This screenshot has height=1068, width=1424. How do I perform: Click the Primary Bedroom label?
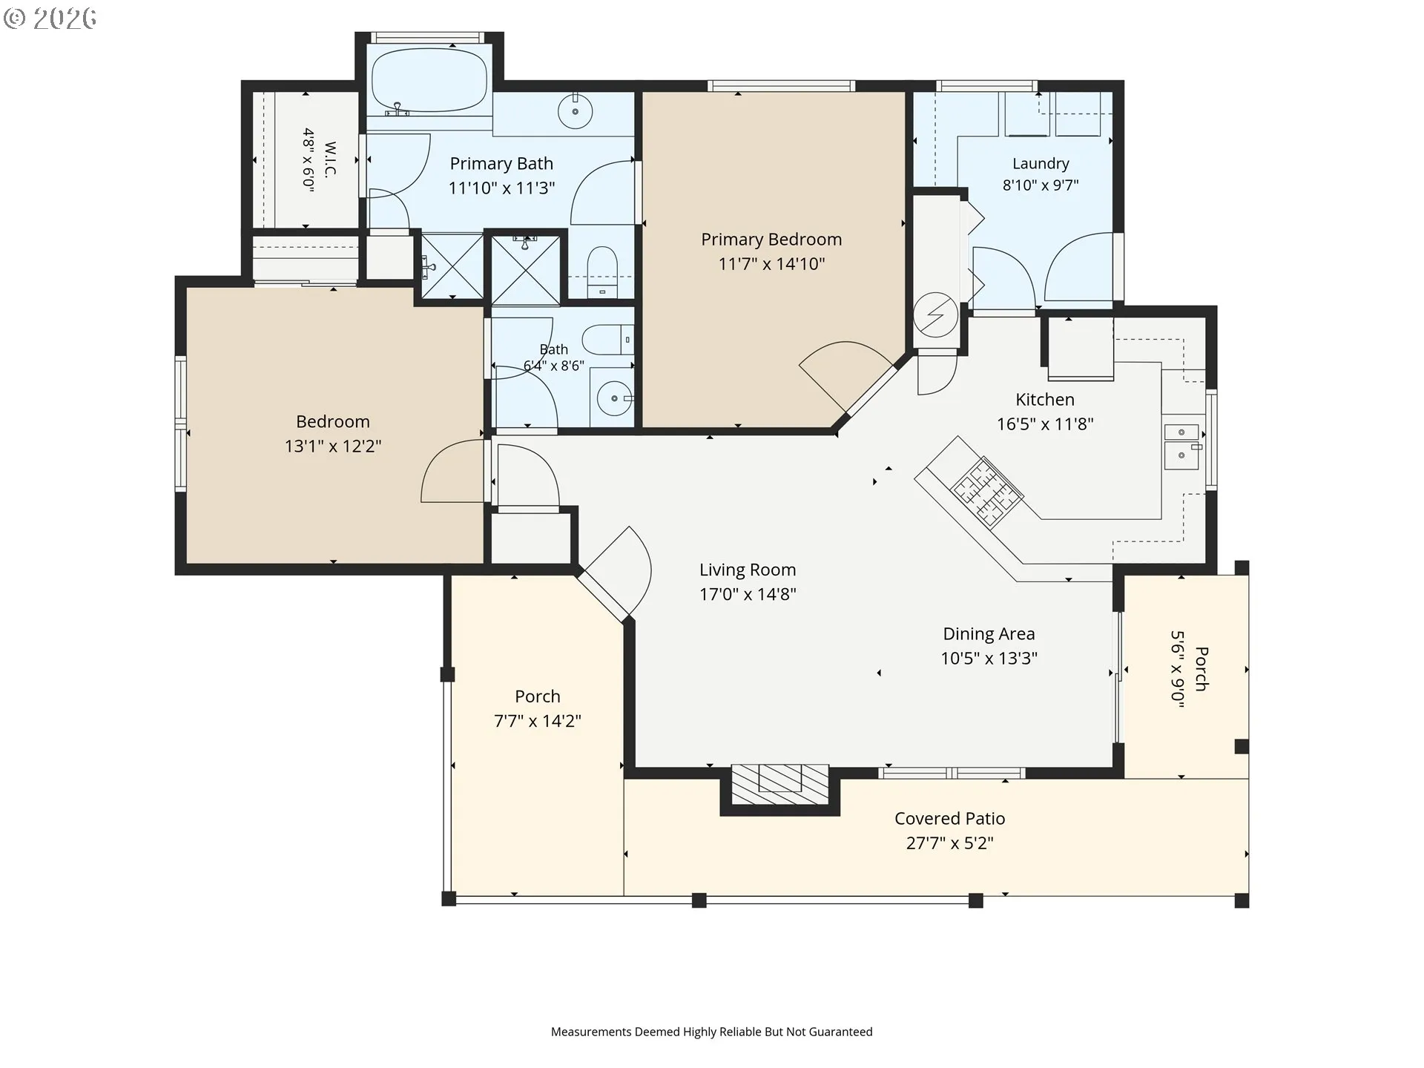coord(771,240)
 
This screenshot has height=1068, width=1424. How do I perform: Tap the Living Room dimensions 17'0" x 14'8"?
coord(748,594)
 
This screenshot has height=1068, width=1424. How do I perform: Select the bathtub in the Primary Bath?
coord(429,81)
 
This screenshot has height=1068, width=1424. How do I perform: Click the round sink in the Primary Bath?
coord(576,113)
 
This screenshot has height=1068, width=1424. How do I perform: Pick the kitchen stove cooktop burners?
coord(987,489)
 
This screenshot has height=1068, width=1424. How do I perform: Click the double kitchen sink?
coord(1181,446)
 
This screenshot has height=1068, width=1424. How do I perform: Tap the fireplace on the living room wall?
coord(780,785)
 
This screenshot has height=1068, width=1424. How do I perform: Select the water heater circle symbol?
coord(935,314)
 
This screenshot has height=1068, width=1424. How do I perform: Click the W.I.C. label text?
coord(330,159)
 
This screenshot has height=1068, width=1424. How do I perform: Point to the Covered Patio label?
coord(949,819)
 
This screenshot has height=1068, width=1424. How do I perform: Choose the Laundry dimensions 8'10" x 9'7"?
coord(1041,185)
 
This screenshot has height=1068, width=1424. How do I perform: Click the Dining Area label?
coord(989,634)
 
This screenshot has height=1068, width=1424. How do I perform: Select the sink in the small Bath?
coord(615,399)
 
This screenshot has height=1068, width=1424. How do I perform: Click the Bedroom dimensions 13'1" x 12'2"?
coord(333,446)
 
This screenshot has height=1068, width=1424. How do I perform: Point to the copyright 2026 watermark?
coord(50,19)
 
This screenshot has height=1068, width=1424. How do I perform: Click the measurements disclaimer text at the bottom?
coord(712,1032)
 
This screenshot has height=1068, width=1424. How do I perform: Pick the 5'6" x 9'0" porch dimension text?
coord(1177,669)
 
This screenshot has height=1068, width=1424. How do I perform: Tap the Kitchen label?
coord(1045,400)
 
